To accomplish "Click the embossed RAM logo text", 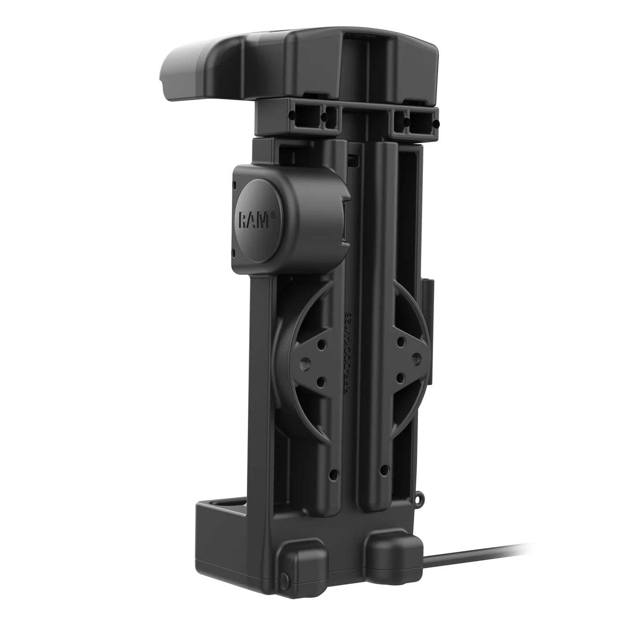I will click(x=253, y=220).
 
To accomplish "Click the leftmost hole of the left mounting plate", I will click(x=304, y=362).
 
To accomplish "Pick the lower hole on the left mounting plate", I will click(x=321, y=380).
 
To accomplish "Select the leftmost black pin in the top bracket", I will click(x=291, y=116).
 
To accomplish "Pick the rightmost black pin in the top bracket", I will click(x=437, y=125).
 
